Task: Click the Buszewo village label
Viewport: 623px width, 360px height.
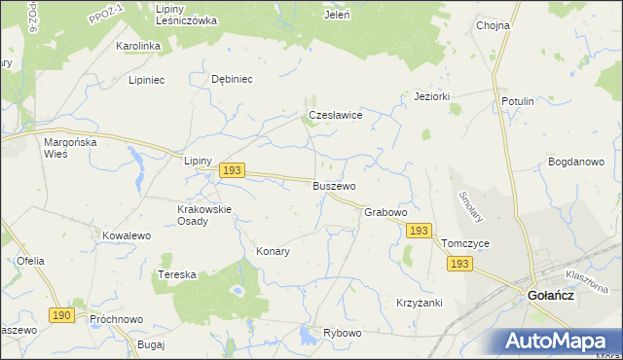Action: click(x=334, y=185)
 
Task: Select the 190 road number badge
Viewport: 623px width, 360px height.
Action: click(x=62, y=315)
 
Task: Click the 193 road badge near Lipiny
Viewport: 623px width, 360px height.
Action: click(x=231, y=170)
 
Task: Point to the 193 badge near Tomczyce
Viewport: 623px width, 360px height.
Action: click(x=460, y=264)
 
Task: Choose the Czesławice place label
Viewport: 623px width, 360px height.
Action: click(x=336, y=115)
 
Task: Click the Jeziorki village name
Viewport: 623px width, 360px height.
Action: click(x=431, y=96)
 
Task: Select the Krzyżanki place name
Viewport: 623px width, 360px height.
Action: click(x=420, y=303)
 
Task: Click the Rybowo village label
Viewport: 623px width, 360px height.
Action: click(x=343, y=333)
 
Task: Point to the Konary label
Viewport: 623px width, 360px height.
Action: click(x=274, y=251)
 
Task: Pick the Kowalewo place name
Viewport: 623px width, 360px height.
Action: click(x=127, y=235)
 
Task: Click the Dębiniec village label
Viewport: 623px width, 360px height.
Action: click(x=232, y=80)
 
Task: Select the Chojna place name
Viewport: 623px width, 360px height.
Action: click(x=494, y=26)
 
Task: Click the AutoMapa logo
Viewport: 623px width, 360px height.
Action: click(x=561, y=342)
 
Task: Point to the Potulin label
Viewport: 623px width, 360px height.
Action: click(x=517, y=101)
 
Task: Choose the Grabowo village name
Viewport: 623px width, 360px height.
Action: click(x=385, y=211)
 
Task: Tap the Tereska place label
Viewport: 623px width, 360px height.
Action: click(x=177, y=275)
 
